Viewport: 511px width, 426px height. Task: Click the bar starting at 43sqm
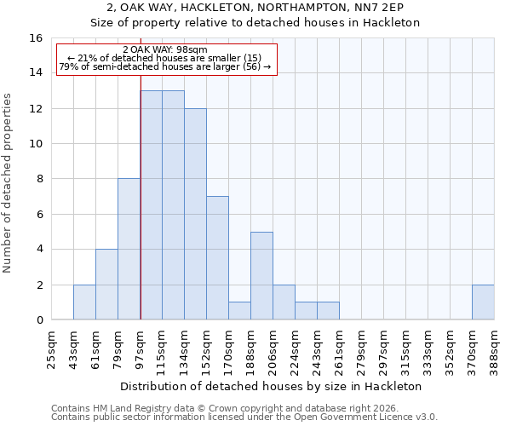(x=84, y=302)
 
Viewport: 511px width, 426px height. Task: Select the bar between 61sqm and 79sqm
(x=106, y=285)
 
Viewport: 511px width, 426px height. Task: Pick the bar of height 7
(x=217, y=258)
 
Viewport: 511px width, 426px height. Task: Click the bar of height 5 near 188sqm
(x=261, y=276)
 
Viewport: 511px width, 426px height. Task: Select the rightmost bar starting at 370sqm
(x=483, y=302)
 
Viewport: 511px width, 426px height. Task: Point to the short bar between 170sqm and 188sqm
(x=239, y=311)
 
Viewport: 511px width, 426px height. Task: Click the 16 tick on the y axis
(x=36, y=38)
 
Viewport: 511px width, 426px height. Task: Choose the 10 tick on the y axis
(x=36, y=144)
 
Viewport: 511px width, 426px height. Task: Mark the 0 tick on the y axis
(x=39, y=320)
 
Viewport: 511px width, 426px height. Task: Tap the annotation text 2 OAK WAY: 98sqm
(x=165, y=49)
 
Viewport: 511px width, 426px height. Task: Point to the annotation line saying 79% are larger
(x=165, y=66)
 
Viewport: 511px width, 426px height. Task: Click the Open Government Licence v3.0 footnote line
(x=244, y=417)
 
